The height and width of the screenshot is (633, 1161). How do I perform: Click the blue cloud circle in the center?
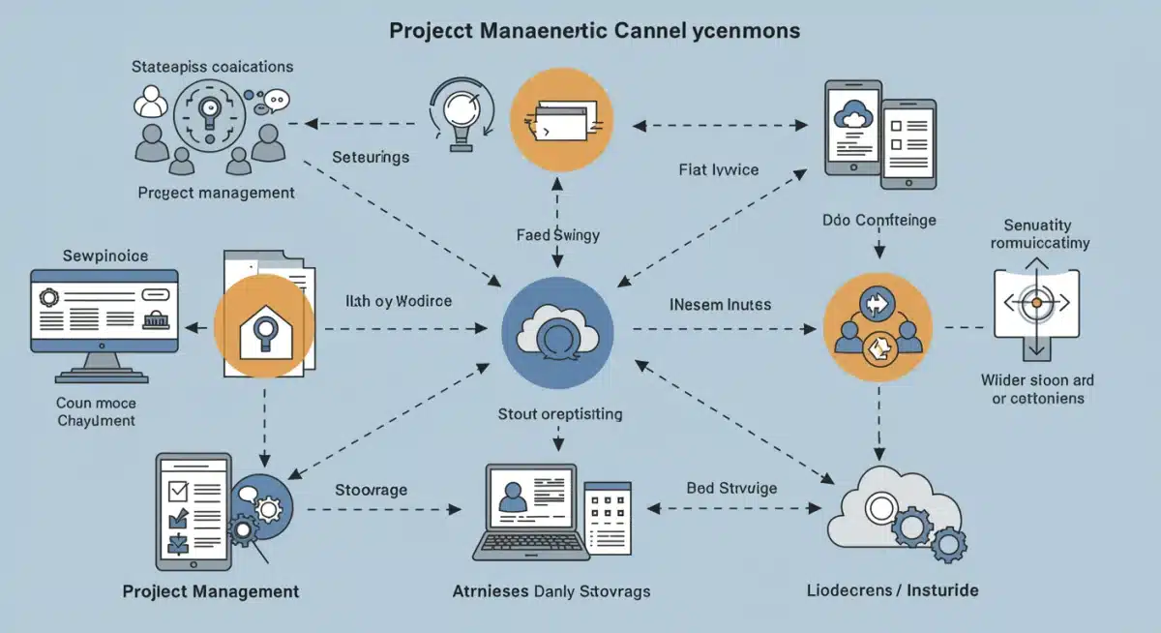click(x=557, y=330)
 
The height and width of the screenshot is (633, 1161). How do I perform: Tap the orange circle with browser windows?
click(x=560, y=121)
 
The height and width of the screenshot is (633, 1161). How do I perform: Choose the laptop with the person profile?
click(x=530, y=510)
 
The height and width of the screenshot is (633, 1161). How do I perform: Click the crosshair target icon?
click(x=1036, y=304)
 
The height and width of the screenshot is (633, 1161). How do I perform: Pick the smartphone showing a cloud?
click(x=852, y=127)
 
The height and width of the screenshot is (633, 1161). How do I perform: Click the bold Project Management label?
click(x=211, y=591)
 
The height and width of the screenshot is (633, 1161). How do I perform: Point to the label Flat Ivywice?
click(x=719, y=170)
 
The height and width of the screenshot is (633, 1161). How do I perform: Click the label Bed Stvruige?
click(x=731, y=489)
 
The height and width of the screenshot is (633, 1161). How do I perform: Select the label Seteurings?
click(x=371, y=157)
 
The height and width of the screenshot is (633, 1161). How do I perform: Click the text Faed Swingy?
click(x=557, y=234)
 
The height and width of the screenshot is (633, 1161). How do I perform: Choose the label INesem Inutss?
click(x=720, y=305)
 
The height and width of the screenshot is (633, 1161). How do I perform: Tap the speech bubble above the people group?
click(x=278, y=99)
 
